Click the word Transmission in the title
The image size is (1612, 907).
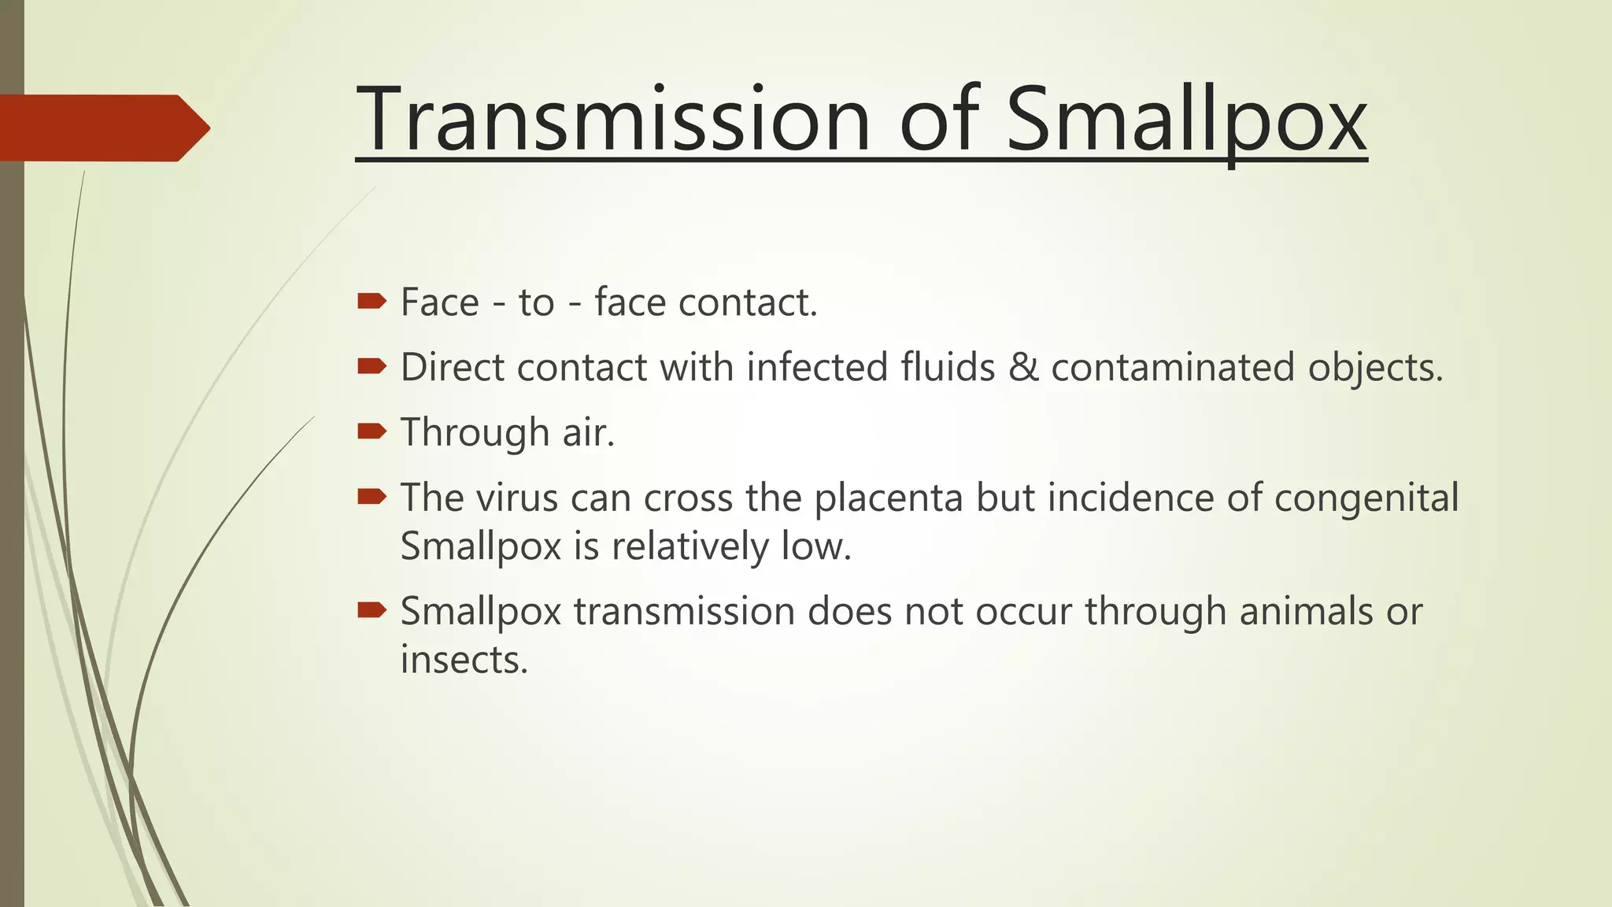[612, 120]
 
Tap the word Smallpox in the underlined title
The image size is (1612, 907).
[1186, 120]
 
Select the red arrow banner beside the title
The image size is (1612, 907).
[102, 128]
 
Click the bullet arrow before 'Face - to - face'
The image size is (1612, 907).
[372, 301]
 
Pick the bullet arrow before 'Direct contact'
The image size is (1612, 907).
[372, 366]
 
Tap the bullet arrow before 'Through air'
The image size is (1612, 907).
[372, 431]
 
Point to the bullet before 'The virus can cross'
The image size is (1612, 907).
[372, 496]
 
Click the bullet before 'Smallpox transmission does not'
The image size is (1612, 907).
[372, 609]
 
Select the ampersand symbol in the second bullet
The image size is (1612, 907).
[1023, 368]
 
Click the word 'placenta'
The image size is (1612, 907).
[888, 498]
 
